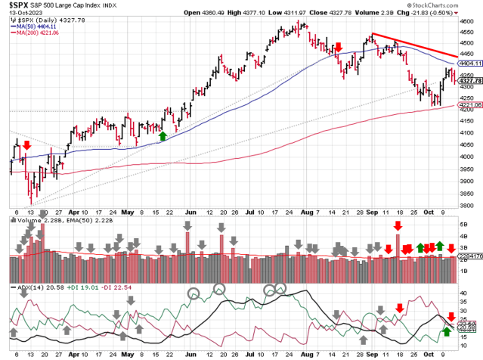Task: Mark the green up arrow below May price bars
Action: pyautogui.click(x=163, y=135)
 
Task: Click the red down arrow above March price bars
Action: pyautogui.click(x=27, y=144)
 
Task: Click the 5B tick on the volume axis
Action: pyautogui.click(x=463, y=225)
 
